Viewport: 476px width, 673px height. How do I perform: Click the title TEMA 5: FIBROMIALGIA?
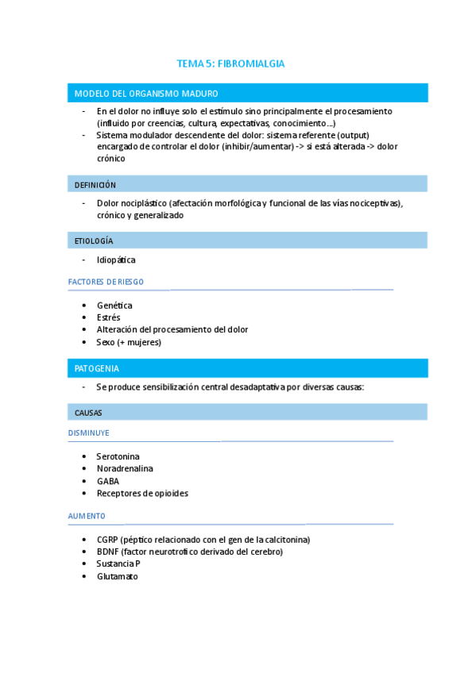[230, 63]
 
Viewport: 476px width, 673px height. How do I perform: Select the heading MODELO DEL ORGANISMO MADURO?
[146, 94]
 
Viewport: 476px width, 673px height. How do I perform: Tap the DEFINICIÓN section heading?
[95, 185]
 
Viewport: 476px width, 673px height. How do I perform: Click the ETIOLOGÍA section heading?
[94, 240]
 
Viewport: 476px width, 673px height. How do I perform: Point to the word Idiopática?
[116, 260]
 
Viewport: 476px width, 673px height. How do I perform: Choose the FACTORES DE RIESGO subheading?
[106, 282]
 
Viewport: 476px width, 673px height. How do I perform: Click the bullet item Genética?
[114, 306]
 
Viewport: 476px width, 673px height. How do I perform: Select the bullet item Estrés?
[109, 317]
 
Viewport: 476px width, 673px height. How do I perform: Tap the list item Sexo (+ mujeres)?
[129, 342]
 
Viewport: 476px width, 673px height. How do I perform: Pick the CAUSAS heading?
[88, 413]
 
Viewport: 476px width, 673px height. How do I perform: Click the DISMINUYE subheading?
[89, 433]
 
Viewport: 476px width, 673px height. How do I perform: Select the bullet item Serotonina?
[118, 457]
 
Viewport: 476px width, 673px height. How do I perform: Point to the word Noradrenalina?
[124, 469]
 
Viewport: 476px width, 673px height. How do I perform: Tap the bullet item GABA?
[108, 481]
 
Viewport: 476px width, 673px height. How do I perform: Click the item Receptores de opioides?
[142, 493]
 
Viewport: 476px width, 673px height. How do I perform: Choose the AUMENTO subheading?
[87, 516]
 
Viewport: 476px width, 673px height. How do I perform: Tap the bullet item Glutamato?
[117, 576]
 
